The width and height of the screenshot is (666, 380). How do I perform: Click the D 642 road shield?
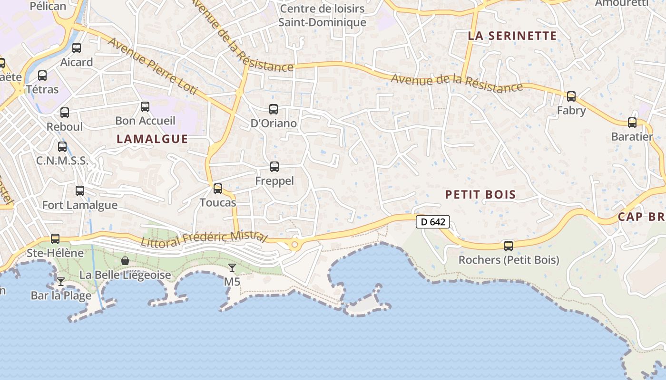tap(433, 222)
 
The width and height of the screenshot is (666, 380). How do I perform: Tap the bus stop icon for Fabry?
tap(571, 96)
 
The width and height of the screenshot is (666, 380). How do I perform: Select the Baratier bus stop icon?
tap(632, 123)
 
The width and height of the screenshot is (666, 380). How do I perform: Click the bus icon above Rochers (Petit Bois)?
tap(509, 246)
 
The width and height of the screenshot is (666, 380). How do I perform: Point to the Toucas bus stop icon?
tap(218, 189)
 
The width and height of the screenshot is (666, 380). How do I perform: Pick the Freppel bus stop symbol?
tap(274, 167)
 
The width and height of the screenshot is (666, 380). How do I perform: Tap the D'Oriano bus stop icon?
tap(274, 109)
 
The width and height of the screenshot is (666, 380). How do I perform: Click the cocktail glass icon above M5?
tap(232, 268)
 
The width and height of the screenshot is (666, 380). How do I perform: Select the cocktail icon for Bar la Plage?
tap(61, 282)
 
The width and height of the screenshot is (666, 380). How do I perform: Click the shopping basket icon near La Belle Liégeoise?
tap(125, 260)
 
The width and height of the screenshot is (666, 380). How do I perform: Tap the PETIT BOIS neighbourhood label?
tap(480, 194)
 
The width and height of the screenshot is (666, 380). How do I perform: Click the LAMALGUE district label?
tap(152, 139)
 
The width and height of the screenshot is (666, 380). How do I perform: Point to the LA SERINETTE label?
tap(512, 36)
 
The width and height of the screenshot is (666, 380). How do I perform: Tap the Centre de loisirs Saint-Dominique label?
tap(322, 15)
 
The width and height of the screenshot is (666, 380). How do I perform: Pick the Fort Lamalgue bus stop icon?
tap(80, 191)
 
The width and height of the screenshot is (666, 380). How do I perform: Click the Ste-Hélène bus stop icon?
tap(55, 239)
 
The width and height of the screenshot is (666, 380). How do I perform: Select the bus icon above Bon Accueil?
tap(145, 107)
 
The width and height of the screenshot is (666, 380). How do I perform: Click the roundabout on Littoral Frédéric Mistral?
tap(295, 245)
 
